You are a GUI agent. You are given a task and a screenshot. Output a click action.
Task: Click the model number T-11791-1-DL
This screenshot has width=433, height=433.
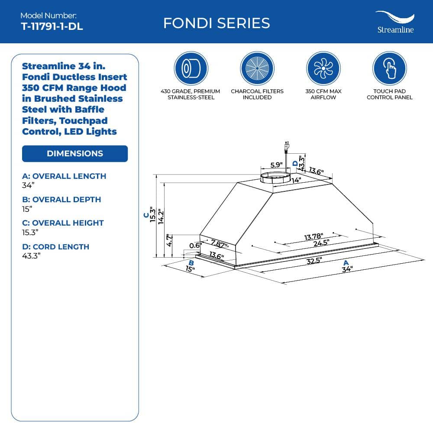click(x=52, y=26)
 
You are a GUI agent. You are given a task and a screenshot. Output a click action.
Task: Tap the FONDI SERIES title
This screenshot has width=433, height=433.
click(x=216, y=23)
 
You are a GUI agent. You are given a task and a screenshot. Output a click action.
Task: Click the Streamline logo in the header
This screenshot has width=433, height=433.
click(x=395, y=22)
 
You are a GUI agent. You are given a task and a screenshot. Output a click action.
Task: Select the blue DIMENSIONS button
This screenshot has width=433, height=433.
click(x=75, y=154)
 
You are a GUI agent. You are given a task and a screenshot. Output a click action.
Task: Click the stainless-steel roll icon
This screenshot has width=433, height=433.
click(x=191, y=68)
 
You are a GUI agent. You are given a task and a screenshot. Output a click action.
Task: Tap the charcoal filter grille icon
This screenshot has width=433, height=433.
click(x=257, y=68)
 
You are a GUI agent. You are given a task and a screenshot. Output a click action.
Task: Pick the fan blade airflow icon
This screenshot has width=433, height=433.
click(x=323, y=68)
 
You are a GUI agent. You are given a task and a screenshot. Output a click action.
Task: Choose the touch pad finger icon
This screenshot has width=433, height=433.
click(x=389, y=68)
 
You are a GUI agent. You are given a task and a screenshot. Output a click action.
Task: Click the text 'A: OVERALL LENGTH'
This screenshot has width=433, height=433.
click(x=64, y=176)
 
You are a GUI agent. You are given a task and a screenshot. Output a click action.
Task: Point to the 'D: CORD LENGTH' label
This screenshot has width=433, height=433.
click(x=55, y=247)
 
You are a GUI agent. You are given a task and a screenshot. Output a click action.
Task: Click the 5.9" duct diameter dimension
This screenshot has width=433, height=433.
click(x=276, y=165)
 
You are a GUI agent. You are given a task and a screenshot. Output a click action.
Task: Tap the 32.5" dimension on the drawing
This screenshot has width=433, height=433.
click(x=314, y=260)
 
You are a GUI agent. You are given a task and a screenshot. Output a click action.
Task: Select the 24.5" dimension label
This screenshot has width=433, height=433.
click(x=321, y=243)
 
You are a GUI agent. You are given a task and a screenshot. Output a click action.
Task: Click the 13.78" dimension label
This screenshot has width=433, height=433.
click(x=313, y=237)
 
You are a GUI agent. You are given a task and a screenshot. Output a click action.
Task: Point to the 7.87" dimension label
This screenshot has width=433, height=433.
click(x=219, y=243)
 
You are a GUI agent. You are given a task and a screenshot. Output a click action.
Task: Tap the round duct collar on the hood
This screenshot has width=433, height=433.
click(x=275, y=177)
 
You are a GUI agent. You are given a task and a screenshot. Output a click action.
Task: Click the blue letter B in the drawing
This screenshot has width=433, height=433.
click(x=191, y=263)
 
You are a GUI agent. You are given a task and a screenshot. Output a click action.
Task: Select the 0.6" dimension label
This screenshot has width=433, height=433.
click(x=195, y=245)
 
